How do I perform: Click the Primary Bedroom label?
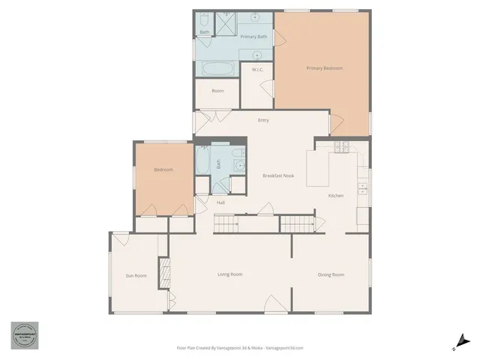pyautogui.click(x=324, y=68)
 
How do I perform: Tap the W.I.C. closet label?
pyautogui.click(x=257, y=70)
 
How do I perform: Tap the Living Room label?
pyautogui.click(x=229, y=274)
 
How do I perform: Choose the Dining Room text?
pyautogui.click(x=331, y=275)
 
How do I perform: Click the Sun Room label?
pyautogui.click(x=136, y=276)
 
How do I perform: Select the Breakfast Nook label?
pyautogui.click(x=277, y=175)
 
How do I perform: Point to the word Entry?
pyautogui.click(x=263, y=120)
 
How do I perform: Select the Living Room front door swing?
pyautogui.click(x=273, y=306)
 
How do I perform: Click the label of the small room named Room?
pyautogui.click(x=217, y=91)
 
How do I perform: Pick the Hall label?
pyautogui.click(x=221, y=202)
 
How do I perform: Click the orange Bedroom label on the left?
pyautogui.click(x=163, y=169)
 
